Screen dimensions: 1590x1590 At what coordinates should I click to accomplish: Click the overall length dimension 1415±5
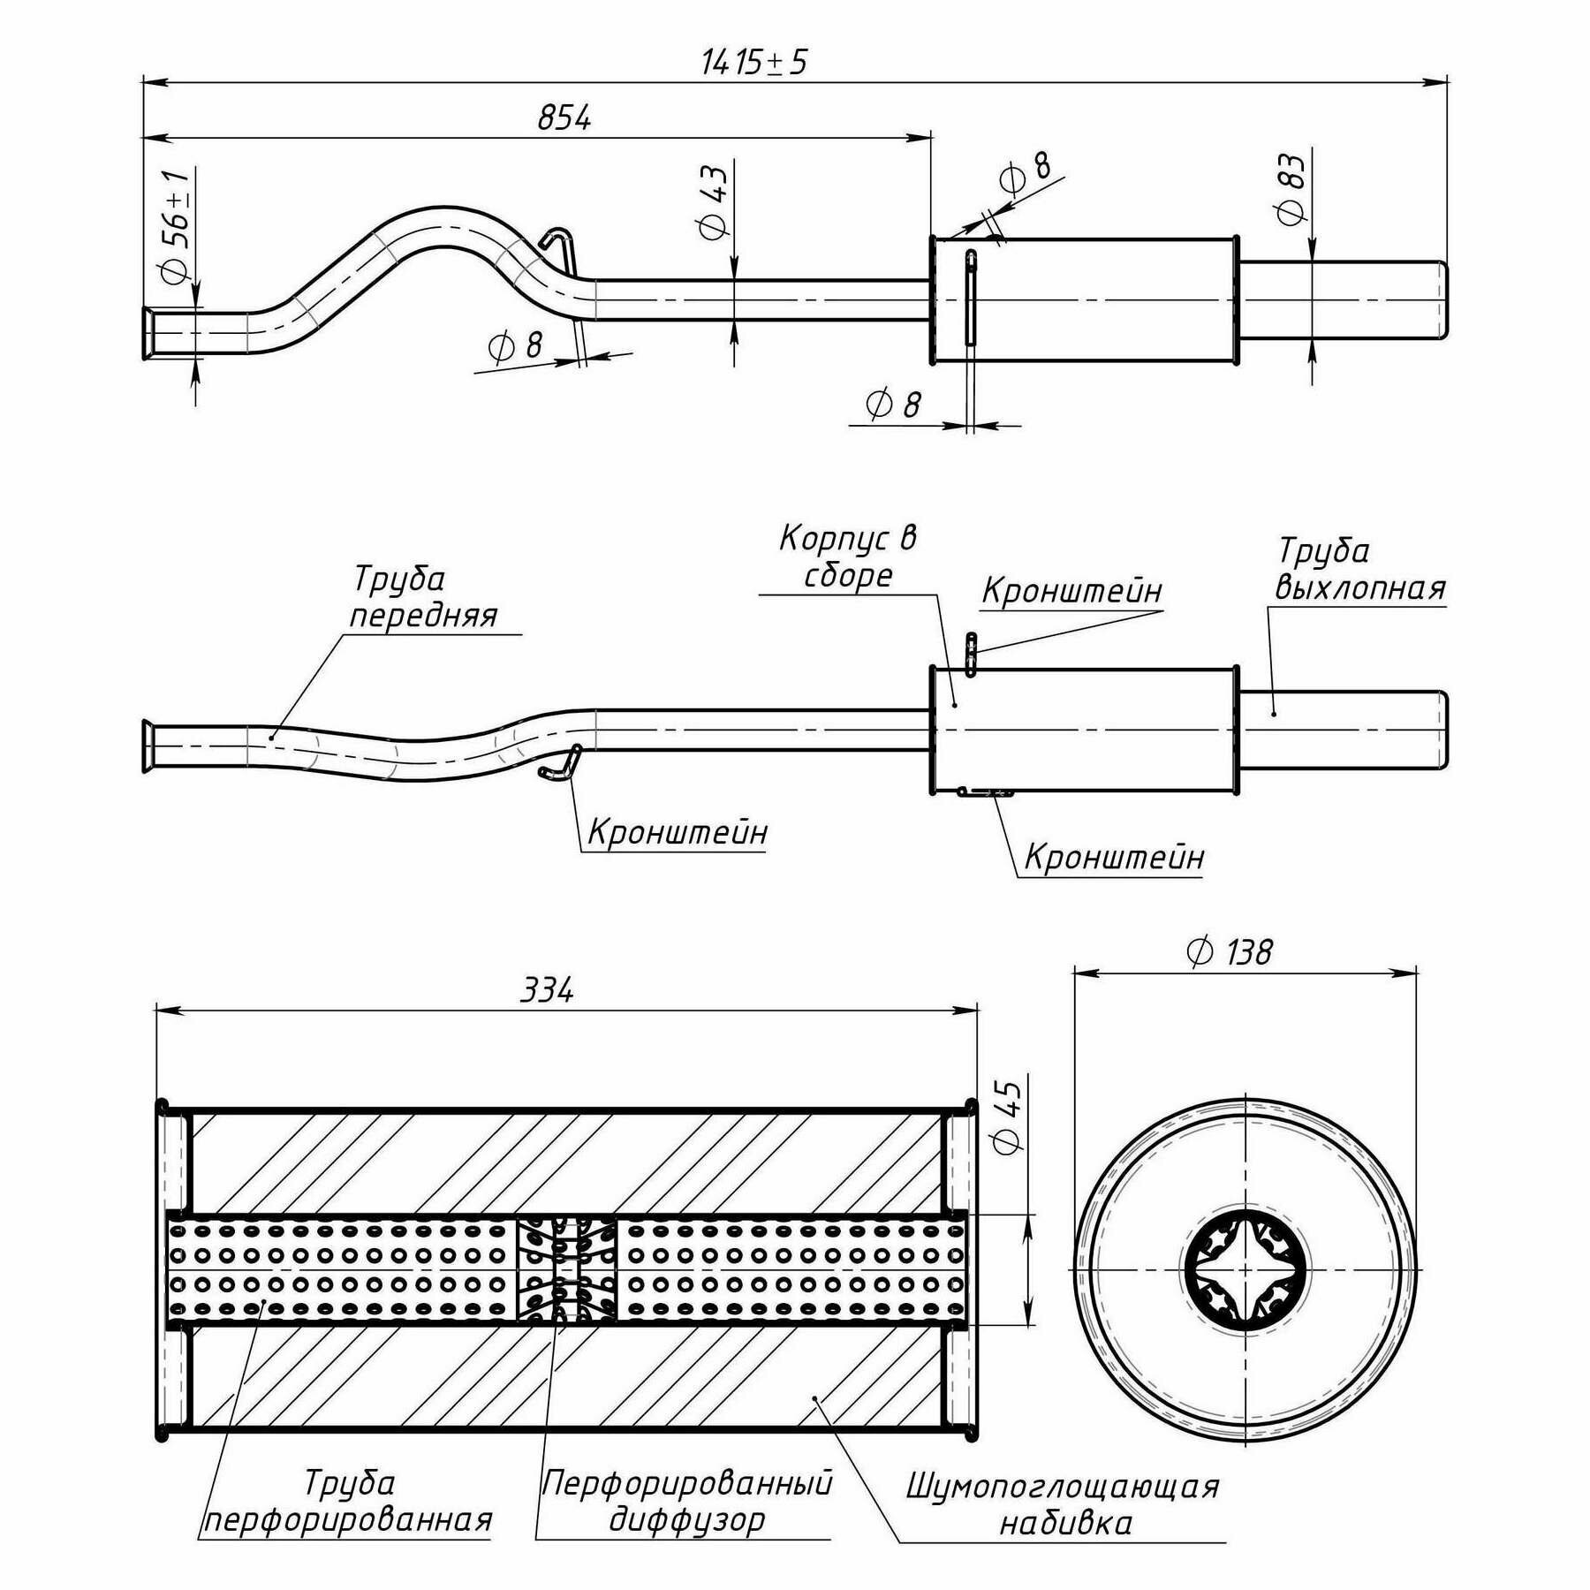[x=753, y=63]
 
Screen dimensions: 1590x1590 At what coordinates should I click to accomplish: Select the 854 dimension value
[x=564, y=118]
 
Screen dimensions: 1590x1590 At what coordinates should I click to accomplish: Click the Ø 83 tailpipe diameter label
[x=1291, y=189]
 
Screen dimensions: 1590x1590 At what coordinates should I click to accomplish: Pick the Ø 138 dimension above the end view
[x=1230, y=952]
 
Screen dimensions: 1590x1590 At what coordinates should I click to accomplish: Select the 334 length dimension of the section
[x=547, y=991]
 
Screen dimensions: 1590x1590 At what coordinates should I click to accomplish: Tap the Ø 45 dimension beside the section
[x=1008, y=1117]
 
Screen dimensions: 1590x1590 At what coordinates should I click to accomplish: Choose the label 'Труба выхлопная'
[x=1359, y=569]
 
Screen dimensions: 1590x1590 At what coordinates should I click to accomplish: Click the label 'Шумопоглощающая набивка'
[x=1064, y=1504]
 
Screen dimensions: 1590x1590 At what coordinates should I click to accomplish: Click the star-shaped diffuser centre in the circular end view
[x=1245, y=1269]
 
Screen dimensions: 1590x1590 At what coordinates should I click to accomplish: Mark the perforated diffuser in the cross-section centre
[x=566, y=1269]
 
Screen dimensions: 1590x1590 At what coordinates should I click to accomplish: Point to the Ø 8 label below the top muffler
[x=893, y=405]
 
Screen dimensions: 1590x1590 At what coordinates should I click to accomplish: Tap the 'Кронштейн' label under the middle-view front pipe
[x=678, y=832]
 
